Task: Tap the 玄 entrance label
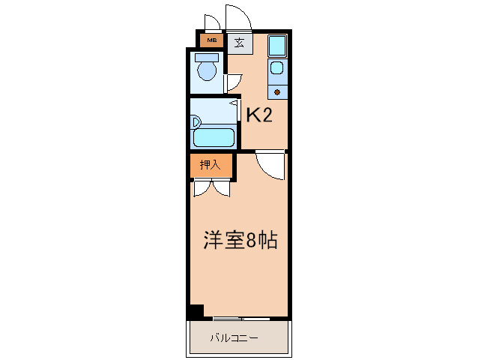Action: pos(238,43)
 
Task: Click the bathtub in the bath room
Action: pos(215,136)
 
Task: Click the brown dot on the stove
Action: pos(277,92)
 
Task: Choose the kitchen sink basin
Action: pos(276,70)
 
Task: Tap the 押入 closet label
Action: pos(210,165)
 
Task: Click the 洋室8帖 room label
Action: pos(241,240)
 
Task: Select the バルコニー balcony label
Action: pos(234,338)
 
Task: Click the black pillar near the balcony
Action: pos(196,311)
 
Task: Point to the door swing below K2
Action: pos(270,163)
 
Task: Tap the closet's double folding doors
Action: pos(210,187)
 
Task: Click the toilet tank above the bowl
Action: pos(205,57)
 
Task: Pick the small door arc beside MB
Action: pos(211,22)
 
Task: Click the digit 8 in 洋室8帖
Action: pos(252,241)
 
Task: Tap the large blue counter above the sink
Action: pos(277,46)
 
